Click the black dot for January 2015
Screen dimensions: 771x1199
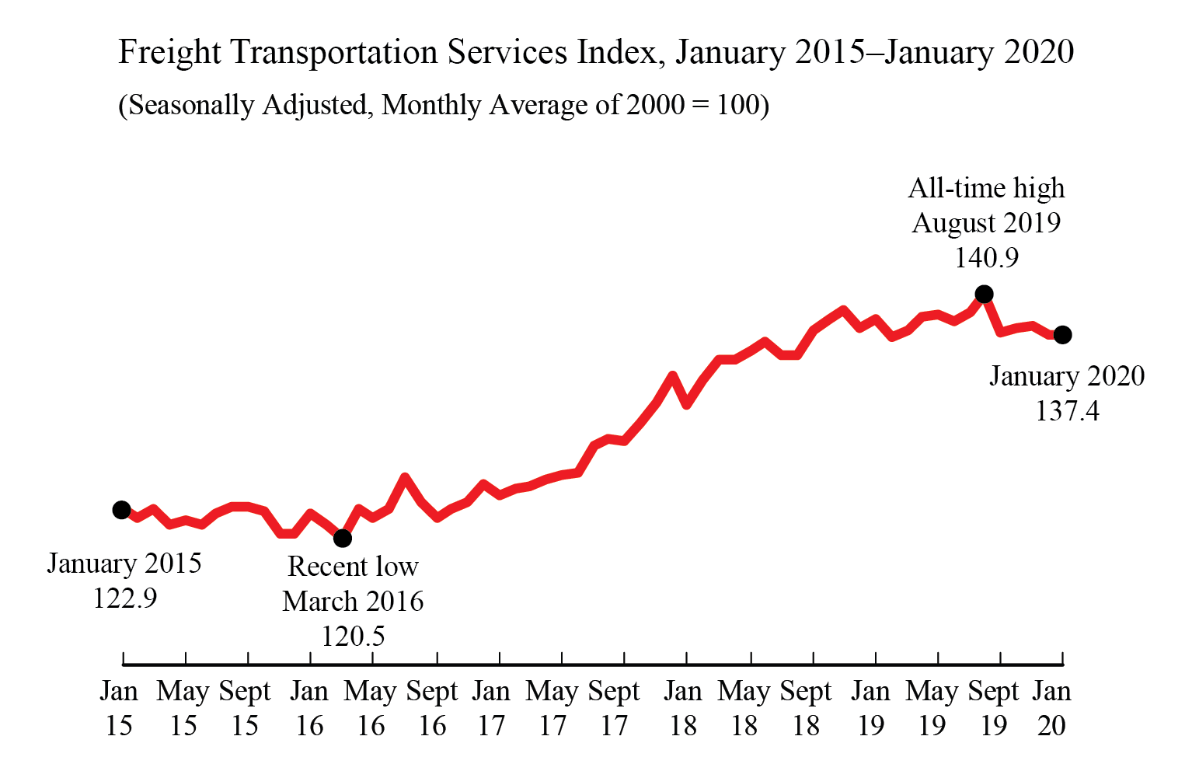pos(121,510)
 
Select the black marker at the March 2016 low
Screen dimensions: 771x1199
pos(343,538)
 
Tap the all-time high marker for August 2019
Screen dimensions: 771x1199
pos(984,294)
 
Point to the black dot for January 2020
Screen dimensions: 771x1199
pos(1063,335)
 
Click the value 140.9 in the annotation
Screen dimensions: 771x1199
pos(986,258)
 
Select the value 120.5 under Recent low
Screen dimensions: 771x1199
pos(353,637)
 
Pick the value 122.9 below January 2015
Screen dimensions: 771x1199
pos(124,598)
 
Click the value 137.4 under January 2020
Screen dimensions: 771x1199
pos(1067,410)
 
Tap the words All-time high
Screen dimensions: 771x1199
pos(986,189)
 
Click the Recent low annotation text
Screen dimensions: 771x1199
pos(353,567)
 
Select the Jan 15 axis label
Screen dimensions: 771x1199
pos(119,708)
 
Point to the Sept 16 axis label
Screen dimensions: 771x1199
pos(432,708)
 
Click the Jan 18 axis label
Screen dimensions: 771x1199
pos(683,708)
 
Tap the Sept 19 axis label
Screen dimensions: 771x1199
pos(993,708)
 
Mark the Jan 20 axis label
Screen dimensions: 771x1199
pos(1051,708)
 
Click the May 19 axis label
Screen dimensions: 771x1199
pos(932,708)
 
